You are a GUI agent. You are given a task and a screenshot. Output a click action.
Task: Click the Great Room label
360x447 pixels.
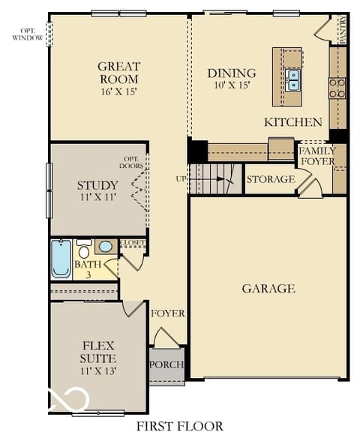(119, 73)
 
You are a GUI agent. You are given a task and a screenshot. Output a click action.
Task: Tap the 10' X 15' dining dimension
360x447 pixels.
(232, 85)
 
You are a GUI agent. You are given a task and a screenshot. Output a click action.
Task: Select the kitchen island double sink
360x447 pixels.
(292, 79)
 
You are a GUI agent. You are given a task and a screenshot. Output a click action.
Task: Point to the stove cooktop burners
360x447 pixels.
(337, 88)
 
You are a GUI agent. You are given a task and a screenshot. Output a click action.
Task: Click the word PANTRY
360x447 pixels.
(343, 29)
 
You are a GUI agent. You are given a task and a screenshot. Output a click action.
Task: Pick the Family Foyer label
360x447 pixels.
(317, 156)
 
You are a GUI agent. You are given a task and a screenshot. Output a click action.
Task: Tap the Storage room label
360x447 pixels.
(271, 179)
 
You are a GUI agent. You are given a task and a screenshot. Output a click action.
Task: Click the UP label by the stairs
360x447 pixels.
(181, 179)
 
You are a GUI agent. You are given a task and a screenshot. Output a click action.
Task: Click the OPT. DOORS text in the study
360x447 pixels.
(131, 162)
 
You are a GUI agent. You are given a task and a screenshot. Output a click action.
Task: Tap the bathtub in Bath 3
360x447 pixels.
(61, 259)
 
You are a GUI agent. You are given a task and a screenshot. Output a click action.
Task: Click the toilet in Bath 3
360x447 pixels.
(84, 249)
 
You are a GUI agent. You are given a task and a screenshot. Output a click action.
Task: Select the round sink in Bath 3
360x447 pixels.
(106, 246)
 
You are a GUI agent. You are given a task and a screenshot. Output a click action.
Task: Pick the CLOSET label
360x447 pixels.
(132, 243)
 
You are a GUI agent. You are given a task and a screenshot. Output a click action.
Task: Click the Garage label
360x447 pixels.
(268, 289)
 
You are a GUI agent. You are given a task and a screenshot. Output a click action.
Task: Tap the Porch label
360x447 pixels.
(166, 364)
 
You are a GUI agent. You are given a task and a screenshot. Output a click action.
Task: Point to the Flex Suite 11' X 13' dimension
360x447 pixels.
(98, 371)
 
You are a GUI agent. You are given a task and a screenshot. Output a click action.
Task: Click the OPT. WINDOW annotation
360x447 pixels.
(28, 34)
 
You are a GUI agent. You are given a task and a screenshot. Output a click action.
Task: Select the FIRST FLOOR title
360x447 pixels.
(180, 427)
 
